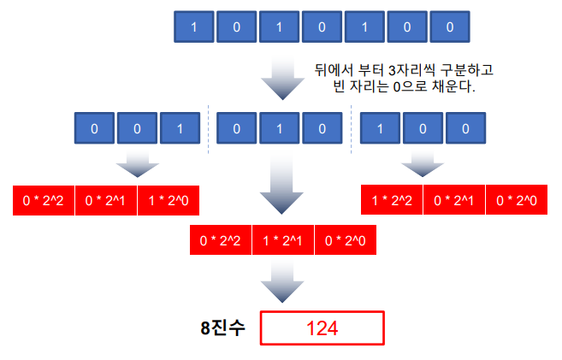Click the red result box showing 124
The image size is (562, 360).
322,328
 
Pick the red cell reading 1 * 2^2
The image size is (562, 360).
392,199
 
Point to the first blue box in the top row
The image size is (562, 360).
194,27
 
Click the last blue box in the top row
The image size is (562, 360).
451,27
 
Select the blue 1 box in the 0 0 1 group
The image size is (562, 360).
178,129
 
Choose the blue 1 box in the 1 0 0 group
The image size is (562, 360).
380,129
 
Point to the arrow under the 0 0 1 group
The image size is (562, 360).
137,164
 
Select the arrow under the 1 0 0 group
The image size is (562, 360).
423,164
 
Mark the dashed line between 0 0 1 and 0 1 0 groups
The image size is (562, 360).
210,129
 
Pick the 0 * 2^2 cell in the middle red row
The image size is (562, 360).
220,240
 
